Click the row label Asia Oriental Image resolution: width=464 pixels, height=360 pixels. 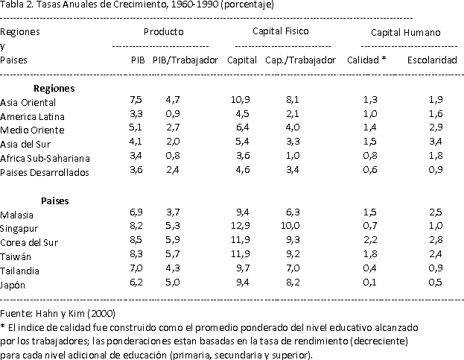pyautogui.click(x=28, y=102)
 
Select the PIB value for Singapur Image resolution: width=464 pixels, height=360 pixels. pyautogui.click(x=136, y=227)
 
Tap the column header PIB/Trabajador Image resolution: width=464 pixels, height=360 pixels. pyautogui.click(x=185, y=60)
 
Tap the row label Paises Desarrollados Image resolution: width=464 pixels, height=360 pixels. pyautogui.click(x=45, y=172)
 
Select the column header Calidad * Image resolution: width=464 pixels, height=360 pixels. pyautogui.click(x=366, y=60)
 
